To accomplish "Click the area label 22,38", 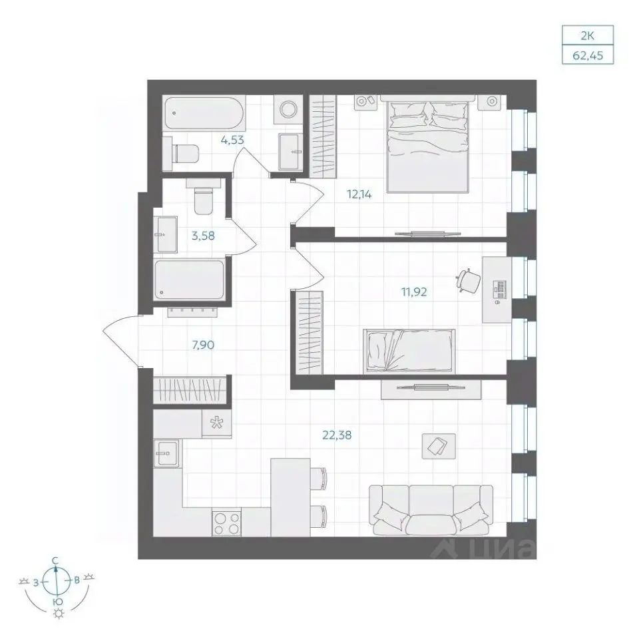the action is [337, 435].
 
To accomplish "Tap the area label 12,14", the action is [359, 194].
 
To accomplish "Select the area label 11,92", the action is [414, 292].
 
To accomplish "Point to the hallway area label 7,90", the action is [203, 345].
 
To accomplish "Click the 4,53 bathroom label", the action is [232, 140].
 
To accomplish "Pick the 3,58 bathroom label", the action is [203, 236].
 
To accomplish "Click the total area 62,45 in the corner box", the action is [588, 55].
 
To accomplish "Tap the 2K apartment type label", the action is [588, 36].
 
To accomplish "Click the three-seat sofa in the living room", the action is [431, 511].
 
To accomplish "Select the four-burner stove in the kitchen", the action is [226, 522].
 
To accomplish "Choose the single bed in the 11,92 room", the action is [409, 351].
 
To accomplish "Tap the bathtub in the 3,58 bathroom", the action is [190, 280].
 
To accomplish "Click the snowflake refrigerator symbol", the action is [217, 423].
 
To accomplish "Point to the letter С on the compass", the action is [55, 561].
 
